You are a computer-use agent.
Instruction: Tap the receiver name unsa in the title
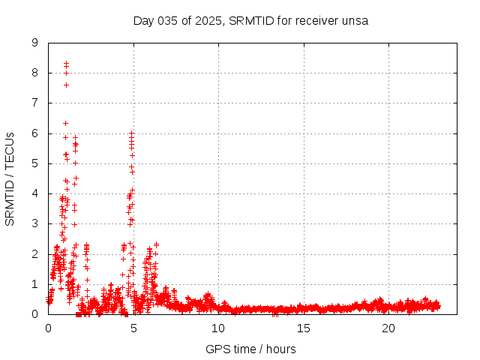(353, 20)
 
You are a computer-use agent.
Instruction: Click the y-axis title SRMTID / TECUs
(10, 178)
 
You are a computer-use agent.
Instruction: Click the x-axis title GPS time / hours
(250, 349)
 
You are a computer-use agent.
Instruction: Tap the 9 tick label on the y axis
(34, 43)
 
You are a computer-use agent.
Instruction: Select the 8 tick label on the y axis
(34, 73)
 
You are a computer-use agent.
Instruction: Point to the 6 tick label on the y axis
(34, 133)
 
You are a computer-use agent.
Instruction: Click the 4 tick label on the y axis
(34, 193)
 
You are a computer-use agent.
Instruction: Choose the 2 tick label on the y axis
(34, 254)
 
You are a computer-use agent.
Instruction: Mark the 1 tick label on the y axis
(34, 284)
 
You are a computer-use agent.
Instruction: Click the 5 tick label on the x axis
(133, 328)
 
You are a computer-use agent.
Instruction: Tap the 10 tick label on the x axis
(218, 328)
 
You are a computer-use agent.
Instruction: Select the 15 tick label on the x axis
(304, 328)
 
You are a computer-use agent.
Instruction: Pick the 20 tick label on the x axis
(388, 328)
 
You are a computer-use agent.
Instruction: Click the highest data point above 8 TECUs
(66, 63)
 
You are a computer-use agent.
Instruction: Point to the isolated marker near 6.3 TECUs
(65, 123)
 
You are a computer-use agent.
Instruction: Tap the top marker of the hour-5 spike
(131, 133)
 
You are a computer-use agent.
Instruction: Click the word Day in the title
(143, 20)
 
